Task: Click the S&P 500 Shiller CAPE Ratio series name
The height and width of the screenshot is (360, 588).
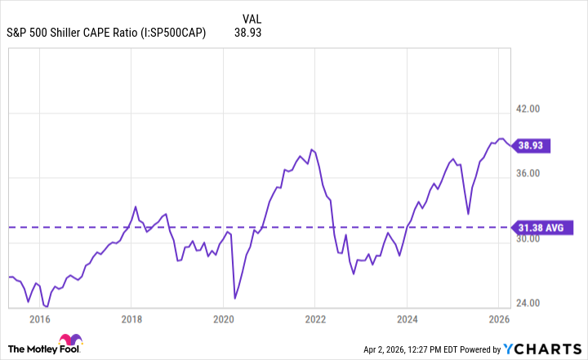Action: (106, 33)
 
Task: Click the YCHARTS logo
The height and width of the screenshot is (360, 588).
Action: (542, 349)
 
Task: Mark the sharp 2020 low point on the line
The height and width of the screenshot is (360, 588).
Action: (234, 298)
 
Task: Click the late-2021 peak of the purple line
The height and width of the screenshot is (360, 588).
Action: (311, 149)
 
